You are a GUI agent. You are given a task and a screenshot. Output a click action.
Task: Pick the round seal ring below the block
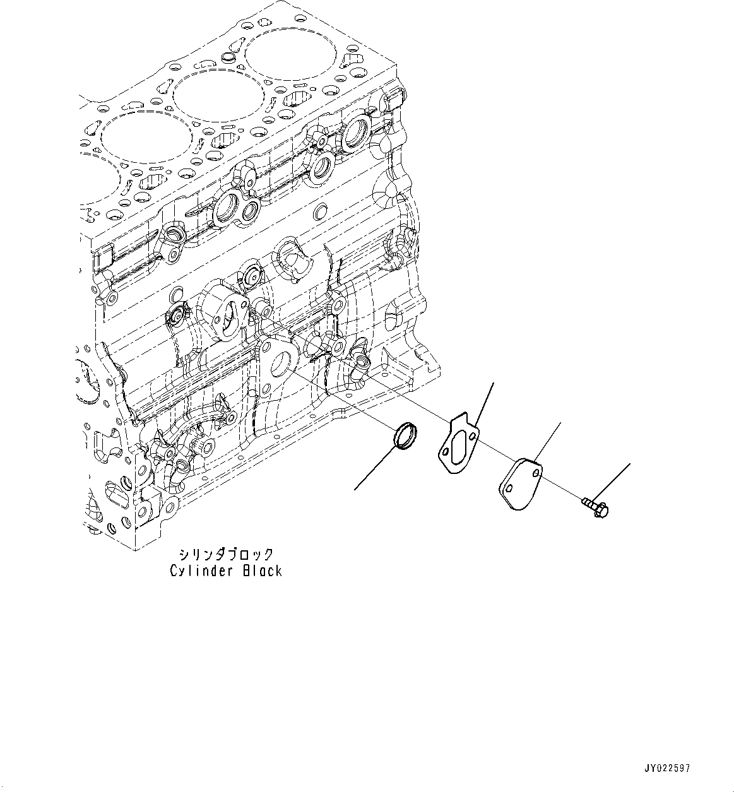tap(404, 437)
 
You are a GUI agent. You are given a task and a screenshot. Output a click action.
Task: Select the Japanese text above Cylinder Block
tap(226, 555)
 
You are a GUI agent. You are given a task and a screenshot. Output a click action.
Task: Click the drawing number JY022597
tap(667, 769)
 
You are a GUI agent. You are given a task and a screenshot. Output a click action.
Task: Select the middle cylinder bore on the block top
tap(218, 96)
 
